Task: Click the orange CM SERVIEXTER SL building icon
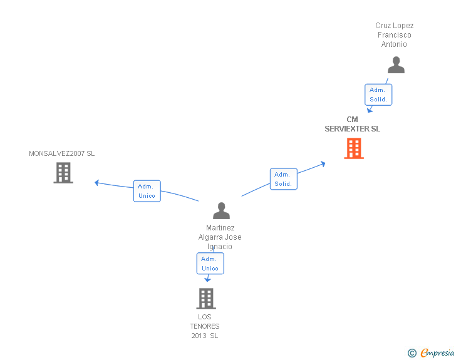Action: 354,148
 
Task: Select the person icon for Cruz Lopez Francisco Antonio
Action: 396,65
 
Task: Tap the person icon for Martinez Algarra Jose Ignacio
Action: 221,210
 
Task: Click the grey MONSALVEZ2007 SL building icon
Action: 63,172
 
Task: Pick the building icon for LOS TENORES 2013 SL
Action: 205,299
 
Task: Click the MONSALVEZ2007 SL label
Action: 62,153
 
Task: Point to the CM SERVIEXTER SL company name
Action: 352,124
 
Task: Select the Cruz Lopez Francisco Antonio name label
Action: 395,35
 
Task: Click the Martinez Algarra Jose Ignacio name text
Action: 220,237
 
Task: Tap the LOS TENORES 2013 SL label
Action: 205,326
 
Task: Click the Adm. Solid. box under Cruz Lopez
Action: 378,95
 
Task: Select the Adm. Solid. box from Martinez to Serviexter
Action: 283,179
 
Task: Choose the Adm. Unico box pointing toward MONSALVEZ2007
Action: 147,191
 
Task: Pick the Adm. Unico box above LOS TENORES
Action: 210,264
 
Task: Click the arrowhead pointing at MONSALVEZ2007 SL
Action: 97,182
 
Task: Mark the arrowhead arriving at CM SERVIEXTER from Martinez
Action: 323,163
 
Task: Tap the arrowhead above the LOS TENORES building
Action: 207,280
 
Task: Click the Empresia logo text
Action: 437,353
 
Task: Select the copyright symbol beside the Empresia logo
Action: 412,354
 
